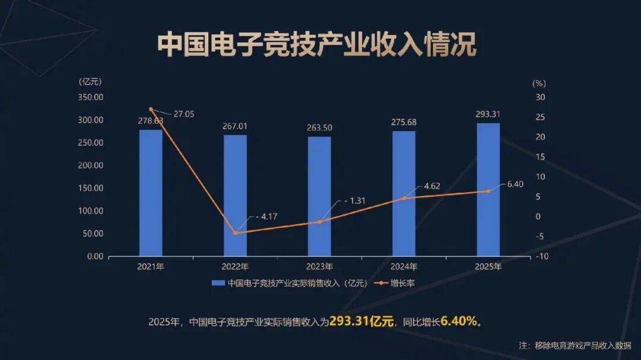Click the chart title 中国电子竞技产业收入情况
coord(317,46)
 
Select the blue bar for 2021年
coord(151,193)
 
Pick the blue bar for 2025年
coord(488,190)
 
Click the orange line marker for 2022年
coord(235,233)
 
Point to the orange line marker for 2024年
coord(404,198)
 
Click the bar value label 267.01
coord(235,126)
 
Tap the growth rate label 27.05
coord(183,114)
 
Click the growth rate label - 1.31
coord(354,201)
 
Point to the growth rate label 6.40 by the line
coord(515,184)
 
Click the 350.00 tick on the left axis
coord(91,97)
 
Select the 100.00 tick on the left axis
coord(91,211)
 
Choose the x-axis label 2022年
coord(235,267)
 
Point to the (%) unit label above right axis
coord(539,84)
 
